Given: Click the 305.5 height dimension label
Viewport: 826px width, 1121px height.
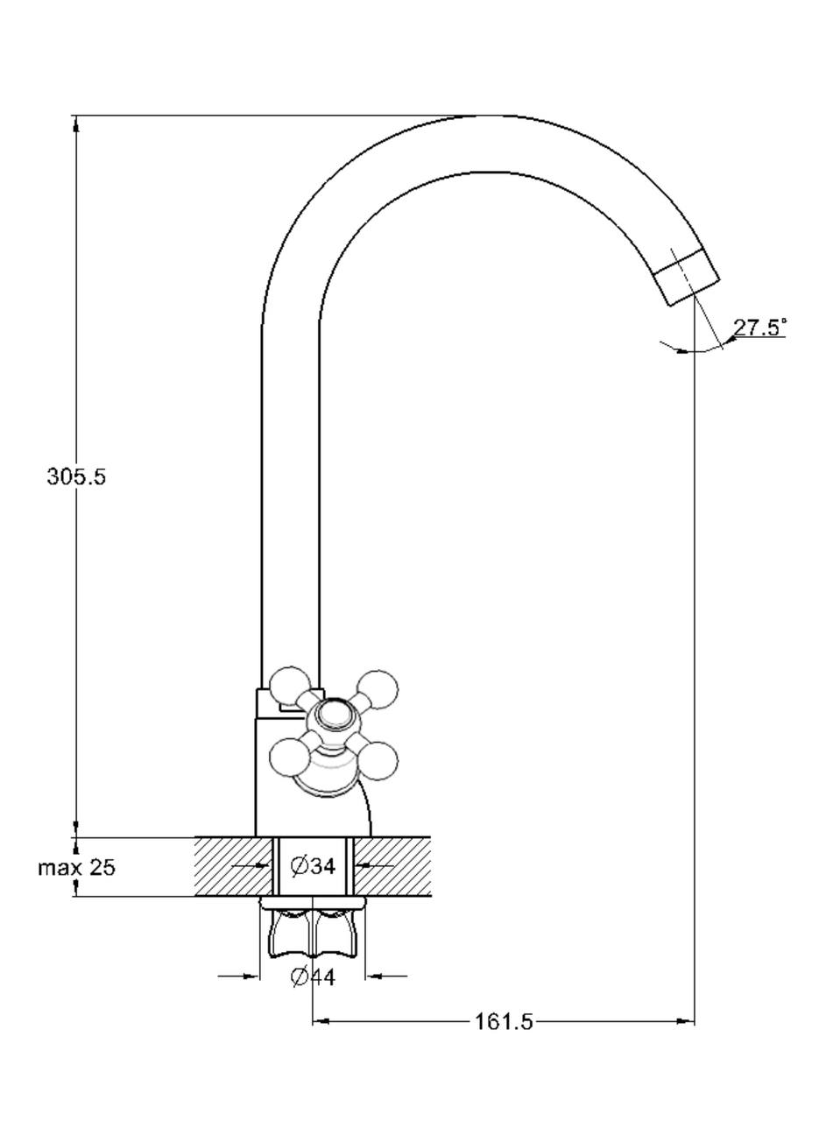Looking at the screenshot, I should [76, 476].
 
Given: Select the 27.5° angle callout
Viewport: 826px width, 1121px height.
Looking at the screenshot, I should [759, 328].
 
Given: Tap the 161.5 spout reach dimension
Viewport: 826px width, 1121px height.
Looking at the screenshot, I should [504, 1021].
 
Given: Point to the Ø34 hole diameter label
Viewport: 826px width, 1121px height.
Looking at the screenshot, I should [313, 866].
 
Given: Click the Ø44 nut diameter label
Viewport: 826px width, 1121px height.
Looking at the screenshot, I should [313, 976].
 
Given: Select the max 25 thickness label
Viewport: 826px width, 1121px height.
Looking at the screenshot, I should [76, 868].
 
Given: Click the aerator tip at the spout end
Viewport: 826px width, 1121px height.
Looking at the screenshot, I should [687, 276].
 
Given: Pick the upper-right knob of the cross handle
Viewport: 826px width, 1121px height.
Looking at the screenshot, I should [378, 689].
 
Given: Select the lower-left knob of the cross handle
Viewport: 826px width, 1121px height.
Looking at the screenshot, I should [290, 758].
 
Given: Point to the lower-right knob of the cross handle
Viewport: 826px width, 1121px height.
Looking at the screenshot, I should [378, 760].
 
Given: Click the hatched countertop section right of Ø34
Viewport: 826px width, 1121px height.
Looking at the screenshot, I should [394, 866].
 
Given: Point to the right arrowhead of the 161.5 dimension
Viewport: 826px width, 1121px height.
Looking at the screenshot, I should [687, 1021].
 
